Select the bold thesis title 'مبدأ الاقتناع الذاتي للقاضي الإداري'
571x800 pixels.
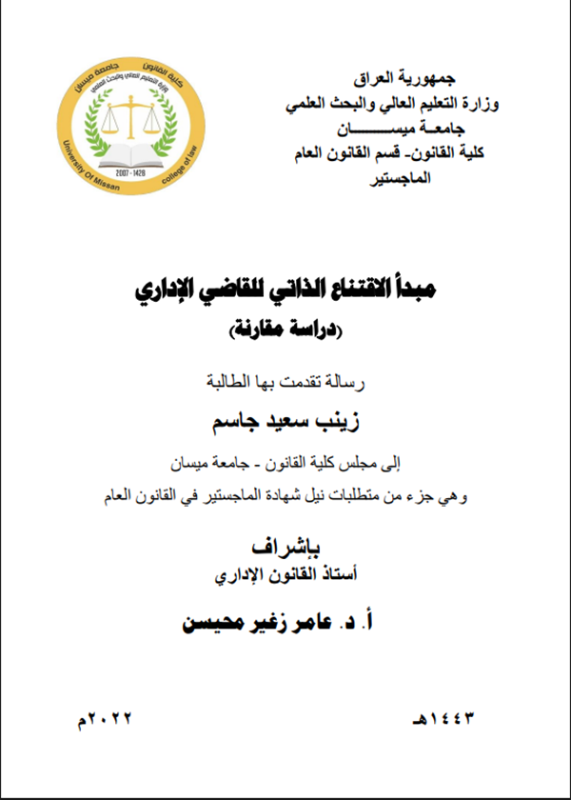click(x=285, y=288)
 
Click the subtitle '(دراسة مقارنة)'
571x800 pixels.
click(x=285, y=330)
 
